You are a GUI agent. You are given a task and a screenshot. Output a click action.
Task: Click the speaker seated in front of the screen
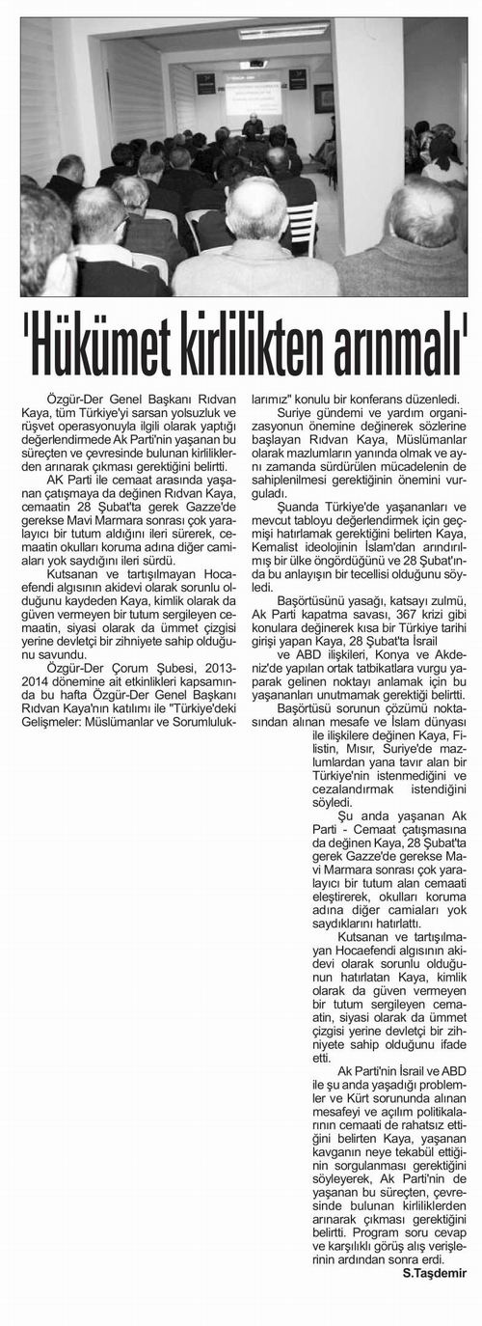click(253, 125)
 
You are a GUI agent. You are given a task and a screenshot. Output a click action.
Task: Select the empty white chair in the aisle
click(302, 224)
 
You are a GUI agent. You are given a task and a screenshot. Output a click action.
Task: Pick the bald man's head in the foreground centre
click(256, 208)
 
